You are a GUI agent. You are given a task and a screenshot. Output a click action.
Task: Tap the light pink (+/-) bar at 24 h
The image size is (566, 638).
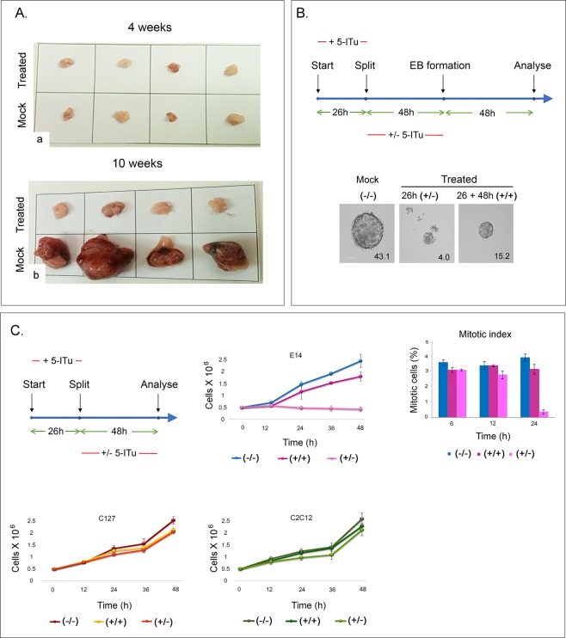(544, 414)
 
